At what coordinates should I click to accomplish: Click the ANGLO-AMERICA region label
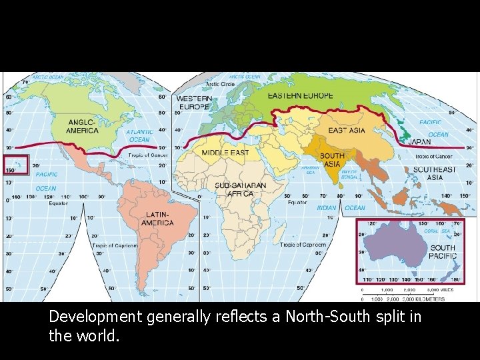pos(83,126)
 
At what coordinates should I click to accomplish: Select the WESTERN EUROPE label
pos(194,103)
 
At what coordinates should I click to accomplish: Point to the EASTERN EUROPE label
pos(300,96)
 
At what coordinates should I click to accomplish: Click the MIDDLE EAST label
pos(225,153)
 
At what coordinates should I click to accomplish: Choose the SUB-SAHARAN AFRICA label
pos(240,189)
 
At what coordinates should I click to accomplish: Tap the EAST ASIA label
pos(347,131)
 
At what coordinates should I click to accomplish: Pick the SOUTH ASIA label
pos(332,160)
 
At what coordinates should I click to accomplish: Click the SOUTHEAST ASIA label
pos(435,173)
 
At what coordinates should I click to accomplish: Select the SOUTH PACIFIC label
pos(443,251)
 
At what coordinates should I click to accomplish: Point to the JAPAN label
pos(419,142)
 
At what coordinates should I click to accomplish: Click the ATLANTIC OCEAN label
pos(139,135)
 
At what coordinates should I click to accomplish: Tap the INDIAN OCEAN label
pos(341,208)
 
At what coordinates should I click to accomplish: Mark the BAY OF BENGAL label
pos(349,175)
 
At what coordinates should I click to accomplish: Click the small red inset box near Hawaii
pos(16,164)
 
